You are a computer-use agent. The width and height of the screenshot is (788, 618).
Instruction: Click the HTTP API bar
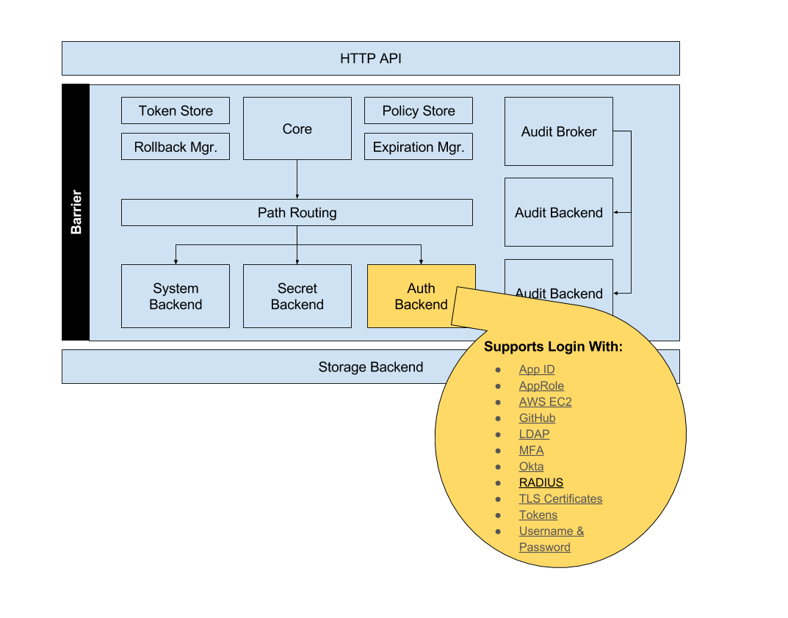(x=370, y=59)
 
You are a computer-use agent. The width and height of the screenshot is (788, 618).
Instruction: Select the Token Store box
(x=176, y=111)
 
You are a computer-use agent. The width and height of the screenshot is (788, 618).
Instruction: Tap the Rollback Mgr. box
(x=176, y=147)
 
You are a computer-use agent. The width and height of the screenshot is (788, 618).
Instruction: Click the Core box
(x=297, y=129)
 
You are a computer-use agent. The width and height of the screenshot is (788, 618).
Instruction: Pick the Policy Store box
(x=418, y=111)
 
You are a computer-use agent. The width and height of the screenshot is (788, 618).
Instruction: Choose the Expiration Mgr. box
(x=418, y=147)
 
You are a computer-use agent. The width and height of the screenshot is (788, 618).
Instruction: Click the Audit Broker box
(x=558, y=132)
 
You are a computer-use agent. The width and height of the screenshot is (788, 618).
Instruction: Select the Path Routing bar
(x=297, y=213)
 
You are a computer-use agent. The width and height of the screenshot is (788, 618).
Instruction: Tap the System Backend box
(x=176, y=297)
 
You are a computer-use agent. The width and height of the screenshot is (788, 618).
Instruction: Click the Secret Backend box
(x=297, y=297)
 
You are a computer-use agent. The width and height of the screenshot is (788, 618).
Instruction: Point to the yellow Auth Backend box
(x=411, y=297)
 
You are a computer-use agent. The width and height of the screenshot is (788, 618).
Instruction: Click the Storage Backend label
(x=370, y=367)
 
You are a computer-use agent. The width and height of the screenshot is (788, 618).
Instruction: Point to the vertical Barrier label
(x=76, y=212)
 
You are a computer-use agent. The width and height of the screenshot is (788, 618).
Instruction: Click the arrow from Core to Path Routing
(x=297, y=179)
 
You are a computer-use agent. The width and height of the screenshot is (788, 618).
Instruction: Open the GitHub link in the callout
(x=537, y=418)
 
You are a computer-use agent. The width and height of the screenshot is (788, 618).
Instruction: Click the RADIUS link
(x=541, y=483)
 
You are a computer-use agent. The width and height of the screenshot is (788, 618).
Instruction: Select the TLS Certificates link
(x=560, y=499)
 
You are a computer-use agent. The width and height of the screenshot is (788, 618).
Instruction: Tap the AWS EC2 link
(x=545, y=402)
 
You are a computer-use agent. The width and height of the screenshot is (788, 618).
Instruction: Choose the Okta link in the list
(x=531, y=467)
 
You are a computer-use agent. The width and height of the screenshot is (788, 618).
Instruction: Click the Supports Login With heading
(x=553, y=346)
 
